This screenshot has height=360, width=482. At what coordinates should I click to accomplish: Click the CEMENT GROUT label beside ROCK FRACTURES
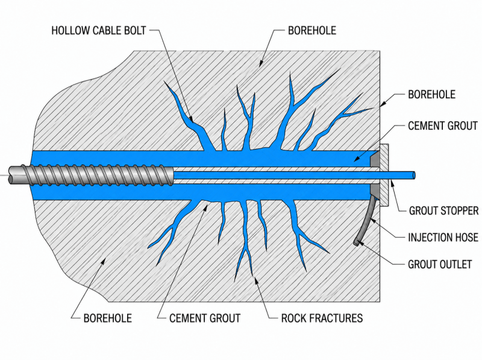click(x=205, y=318)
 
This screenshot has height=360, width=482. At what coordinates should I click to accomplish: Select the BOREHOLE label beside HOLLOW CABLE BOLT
click(x=312, y=31)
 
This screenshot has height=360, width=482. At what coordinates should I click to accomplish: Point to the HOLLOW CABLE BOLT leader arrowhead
click(x=191, y=119)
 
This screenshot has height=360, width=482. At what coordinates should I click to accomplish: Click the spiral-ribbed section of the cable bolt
click(x=98, y=175)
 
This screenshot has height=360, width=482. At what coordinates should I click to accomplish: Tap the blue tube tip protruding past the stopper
click(x=414, y=175)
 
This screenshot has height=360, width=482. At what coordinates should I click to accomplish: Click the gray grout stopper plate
click(x=384, y=175)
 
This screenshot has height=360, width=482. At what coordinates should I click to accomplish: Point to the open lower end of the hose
click(x=356, y=243)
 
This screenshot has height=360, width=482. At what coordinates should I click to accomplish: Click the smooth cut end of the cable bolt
click(x=11, y=175)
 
